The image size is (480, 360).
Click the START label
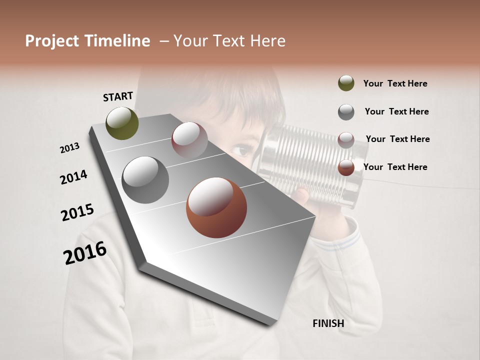point(118,96)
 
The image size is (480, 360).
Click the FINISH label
point(328,323)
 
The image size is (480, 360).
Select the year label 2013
point(69,148)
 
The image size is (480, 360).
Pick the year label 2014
point(73,177)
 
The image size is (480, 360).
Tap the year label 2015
point(77,212)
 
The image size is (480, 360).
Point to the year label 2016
point(85,253)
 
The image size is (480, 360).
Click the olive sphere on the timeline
point(122,123)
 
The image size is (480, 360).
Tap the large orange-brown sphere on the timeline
point(216,207)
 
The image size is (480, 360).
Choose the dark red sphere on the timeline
point(189,140)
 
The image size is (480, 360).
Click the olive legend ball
point(346,83)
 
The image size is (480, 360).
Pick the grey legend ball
point(346,112)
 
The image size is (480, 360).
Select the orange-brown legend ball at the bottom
point(346,167)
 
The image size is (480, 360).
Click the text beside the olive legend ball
point(395,83)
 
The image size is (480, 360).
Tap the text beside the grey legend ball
point(396,111)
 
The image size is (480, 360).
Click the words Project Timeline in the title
point(87,41)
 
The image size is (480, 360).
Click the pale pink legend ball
point(346,140)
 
